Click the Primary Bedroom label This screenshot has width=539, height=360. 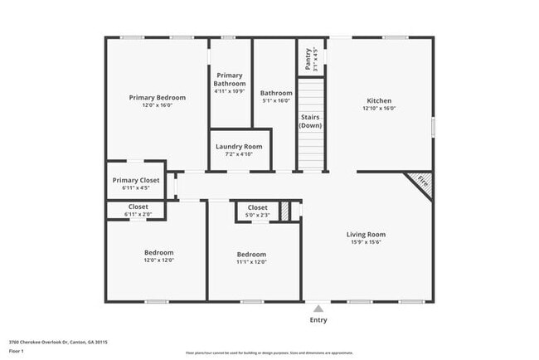(157, 98)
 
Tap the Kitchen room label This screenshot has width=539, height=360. (378, 100)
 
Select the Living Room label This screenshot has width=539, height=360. (366, 235)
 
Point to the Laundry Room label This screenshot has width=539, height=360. (239, 147)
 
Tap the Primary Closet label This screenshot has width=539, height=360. (136, 180)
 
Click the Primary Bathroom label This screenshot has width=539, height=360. (230, 80)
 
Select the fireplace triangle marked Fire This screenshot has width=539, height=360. (421, 182)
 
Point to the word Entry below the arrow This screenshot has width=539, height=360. (318, 320)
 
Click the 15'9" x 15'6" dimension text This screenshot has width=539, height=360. (366, 242)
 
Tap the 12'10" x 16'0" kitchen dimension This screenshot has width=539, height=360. (378, 109)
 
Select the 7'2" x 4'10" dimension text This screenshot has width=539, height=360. (239, 154)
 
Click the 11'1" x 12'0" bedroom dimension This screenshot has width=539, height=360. (251, 262)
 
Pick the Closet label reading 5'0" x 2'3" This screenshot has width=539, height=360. (257, 207)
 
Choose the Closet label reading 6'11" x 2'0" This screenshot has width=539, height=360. (138, 207)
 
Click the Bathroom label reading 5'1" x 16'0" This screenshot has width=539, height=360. (276, 93)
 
